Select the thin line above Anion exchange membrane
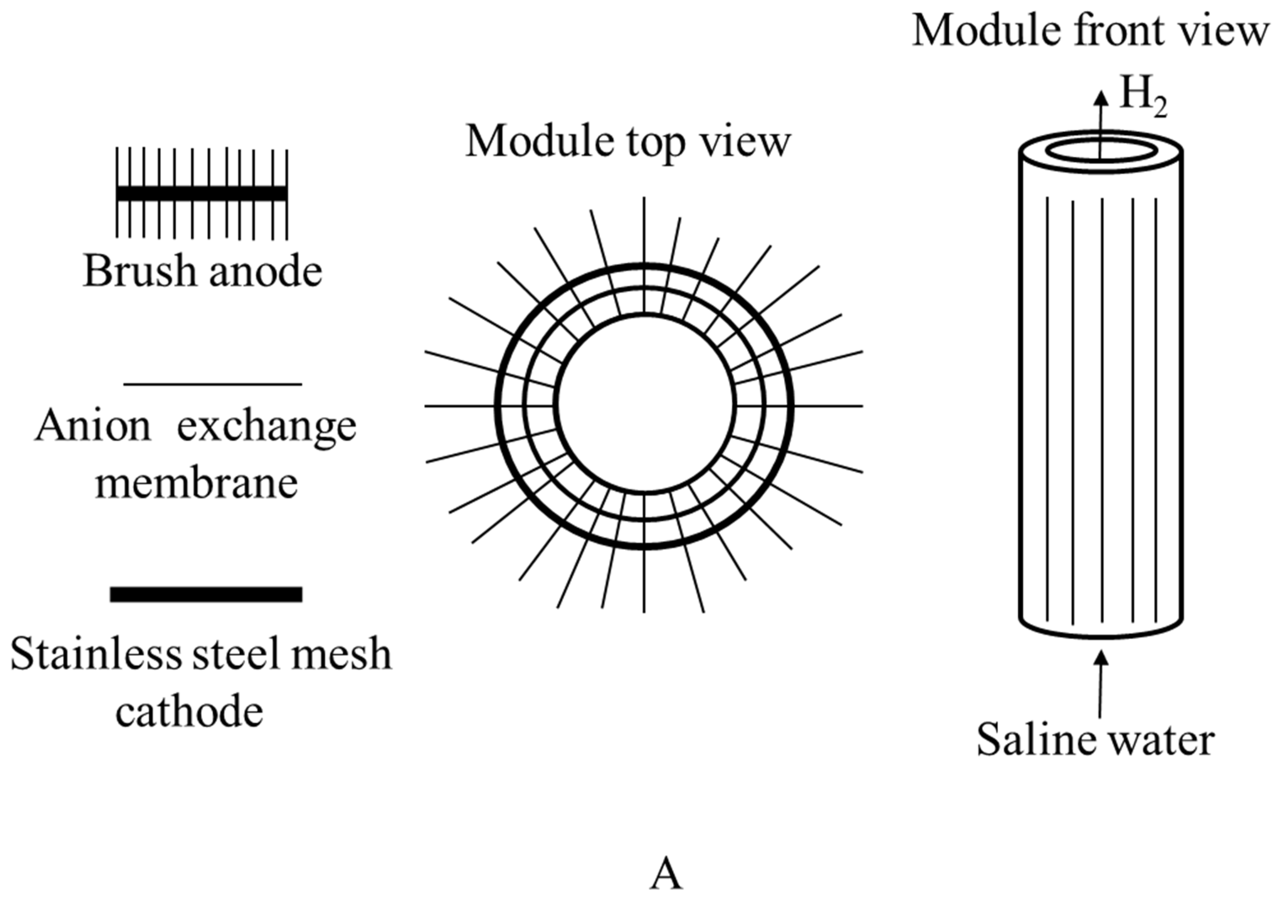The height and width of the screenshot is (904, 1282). pyautogui.click(x=212, y=384)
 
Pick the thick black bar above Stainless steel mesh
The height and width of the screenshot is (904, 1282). pyautogui.click(x=206, y=594)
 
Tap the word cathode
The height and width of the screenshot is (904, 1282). pyautogui.click(x=189, y=711)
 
